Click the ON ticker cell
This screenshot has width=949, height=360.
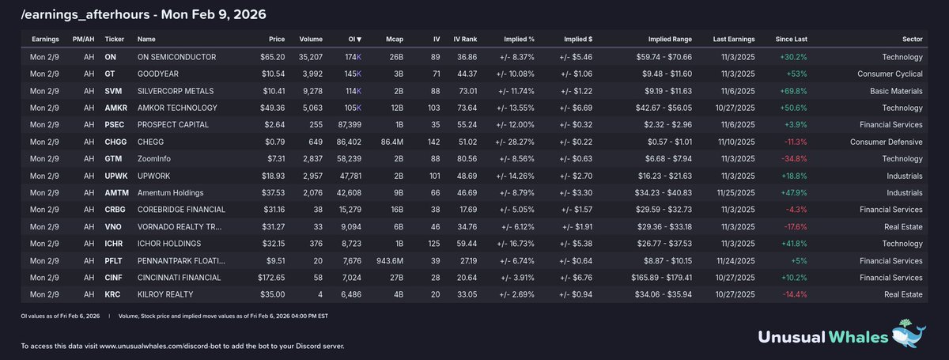110,57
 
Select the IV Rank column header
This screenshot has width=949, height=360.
465,39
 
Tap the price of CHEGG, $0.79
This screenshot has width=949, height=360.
274,142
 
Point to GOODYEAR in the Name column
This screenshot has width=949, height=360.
157,74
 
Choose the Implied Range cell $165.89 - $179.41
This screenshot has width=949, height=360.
661,277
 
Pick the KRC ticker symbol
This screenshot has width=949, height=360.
112,294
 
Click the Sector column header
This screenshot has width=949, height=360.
912,39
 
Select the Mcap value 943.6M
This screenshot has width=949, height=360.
390,260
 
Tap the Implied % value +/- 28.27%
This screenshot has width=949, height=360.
515,142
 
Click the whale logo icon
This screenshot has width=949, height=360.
909,333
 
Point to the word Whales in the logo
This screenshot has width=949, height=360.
858,337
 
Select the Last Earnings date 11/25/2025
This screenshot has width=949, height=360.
735,192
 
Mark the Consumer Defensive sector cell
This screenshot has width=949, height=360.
886,142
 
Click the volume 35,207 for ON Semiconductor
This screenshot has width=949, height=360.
311,57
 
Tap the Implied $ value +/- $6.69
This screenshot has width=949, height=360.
576,108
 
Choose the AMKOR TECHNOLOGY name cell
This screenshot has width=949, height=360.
177,108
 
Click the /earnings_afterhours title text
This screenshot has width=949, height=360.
85,15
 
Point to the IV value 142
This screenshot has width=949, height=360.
433,142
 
